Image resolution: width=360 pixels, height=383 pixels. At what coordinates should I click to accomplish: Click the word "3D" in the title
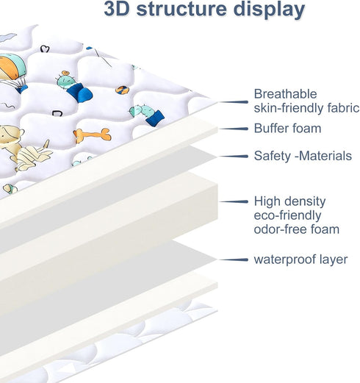tap(117, 9)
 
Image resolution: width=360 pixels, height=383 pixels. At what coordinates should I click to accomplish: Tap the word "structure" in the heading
tap(181, 9)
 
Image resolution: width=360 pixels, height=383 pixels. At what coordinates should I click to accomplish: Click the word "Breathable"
tap(285, 94)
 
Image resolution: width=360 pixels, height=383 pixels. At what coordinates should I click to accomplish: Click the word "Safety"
tap(272, 157)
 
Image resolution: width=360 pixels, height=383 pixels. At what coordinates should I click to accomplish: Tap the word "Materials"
tap(325, 156)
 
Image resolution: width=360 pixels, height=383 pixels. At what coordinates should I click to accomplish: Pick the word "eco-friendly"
tap(287, 216)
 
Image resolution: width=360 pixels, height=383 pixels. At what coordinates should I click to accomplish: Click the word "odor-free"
tap(280, 229)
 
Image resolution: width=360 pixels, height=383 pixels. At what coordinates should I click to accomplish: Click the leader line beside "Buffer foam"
tap(234, 129)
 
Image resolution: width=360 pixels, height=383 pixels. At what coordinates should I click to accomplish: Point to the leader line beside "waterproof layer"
tap(234, 259)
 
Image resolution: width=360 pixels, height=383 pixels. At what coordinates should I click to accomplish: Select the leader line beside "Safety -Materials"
tap(234, 156)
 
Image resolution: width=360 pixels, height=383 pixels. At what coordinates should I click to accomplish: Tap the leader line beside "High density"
tap(234, 201)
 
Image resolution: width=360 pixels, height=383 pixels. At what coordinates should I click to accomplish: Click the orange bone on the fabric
tap(93, 135)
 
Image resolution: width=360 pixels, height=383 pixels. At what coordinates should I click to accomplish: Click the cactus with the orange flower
tap(73, 86)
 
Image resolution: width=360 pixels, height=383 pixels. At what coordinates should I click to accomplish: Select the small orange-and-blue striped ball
tap(122, 90)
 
